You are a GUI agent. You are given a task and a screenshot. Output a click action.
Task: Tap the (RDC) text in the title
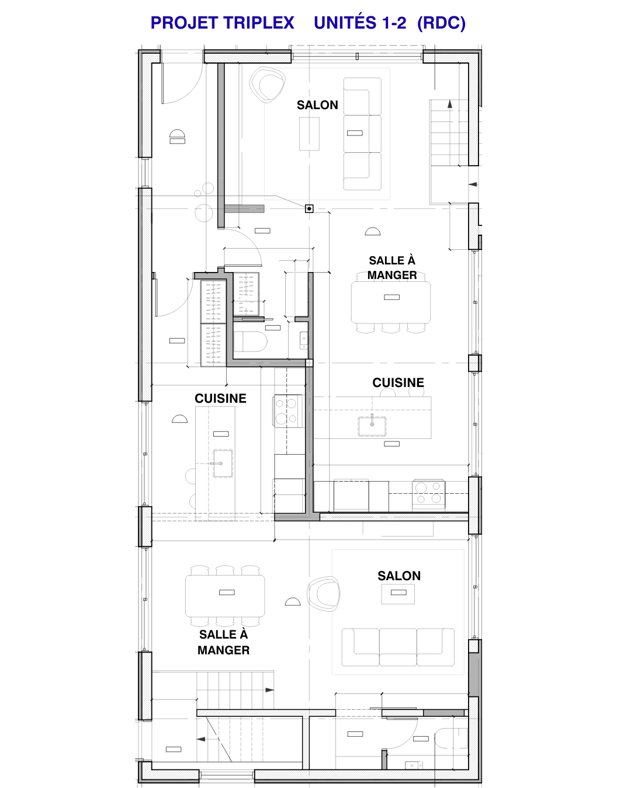(442, 23)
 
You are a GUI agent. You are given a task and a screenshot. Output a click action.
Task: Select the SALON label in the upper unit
(317, 105)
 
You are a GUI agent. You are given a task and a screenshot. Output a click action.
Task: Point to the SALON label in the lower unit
(399, 576)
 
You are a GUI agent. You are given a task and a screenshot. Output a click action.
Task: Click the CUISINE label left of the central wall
(220, 399)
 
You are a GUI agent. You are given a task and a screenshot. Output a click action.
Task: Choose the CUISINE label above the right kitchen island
(398, 383)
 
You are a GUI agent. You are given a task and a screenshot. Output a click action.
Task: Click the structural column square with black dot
(309, 209)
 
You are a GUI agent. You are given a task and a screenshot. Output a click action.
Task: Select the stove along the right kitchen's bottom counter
(429, 494)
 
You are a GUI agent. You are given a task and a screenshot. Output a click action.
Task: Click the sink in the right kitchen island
(372, 426)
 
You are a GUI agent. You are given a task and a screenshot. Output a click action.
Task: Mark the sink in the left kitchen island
(223, 463)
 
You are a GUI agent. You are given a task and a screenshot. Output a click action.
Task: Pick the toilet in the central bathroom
(251, 341)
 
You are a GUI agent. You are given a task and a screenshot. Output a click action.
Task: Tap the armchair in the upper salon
(267, 85)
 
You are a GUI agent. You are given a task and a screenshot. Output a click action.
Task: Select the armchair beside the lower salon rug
(324, 594)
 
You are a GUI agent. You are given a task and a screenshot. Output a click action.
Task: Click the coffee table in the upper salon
(309, 134)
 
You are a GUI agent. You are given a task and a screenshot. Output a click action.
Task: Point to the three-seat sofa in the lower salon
(398, 647)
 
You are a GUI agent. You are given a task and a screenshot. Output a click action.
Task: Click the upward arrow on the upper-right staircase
(450, 104)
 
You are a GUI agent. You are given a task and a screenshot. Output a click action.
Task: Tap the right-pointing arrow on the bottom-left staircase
(269, 690)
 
